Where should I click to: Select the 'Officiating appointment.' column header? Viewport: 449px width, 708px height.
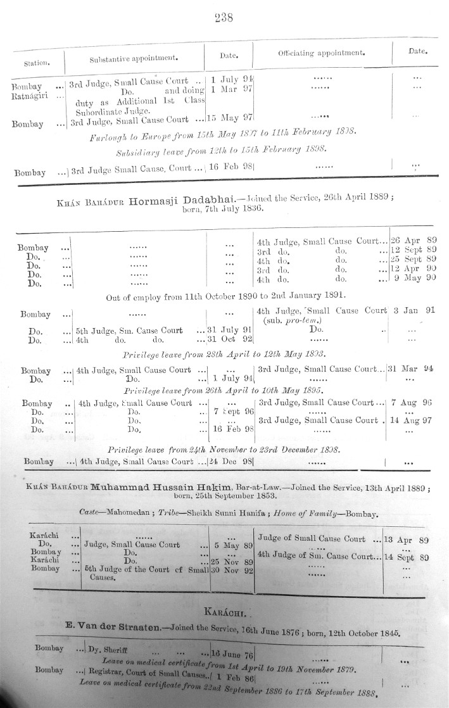pos(321,54)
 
